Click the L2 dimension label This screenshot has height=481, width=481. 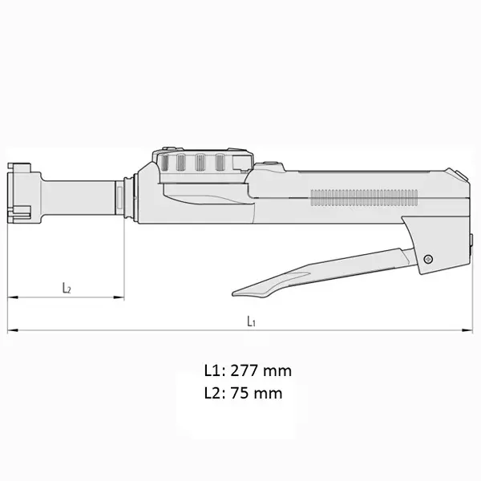(66, 288)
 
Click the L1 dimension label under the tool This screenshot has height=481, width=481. (250, 321)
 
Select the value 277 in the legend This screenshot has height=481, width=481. (245, 371)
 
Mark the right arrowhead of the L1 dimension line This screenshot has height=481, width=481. (468, 330)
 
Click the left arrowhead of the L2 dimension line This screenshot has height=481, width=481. (11, 298)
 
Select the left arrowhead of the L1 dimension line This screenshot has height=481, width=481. (11, 330)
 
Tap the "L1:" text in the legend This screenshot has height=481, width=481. (214, 371)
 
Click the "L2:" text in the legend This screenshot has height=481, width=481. (214, 394)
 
